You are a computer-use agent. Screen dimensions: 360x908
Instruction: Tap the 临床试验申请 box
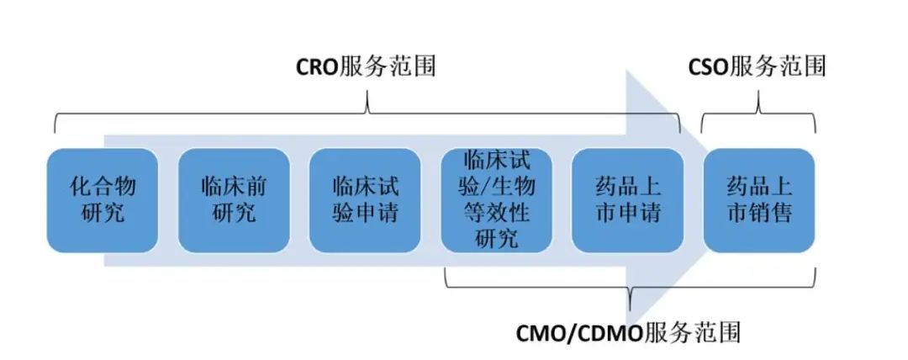[x=365, y=200]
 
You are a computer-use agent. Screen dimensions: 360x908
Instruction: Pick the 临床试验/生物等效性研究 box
[x=496, y=200]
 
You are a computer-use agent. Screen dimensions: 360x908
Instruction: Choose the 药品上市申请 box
[x=627, y=200]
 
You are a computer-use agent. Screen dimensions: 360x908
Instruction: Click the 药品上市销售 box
[x=759, y=200]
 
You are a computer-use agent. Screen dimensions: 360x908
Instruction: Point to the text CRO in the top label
[x=318, y=66]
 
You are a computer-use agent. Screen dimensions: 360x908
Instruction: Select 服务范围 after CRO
[x=388, y=66]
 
